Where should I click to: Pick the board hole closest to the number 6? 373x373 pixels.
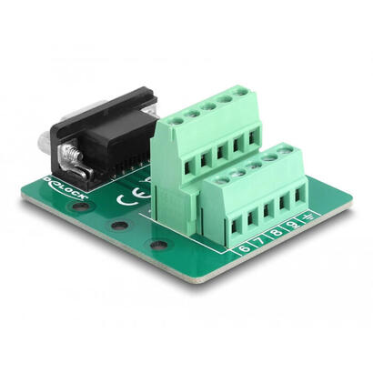tap(159, 245)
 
